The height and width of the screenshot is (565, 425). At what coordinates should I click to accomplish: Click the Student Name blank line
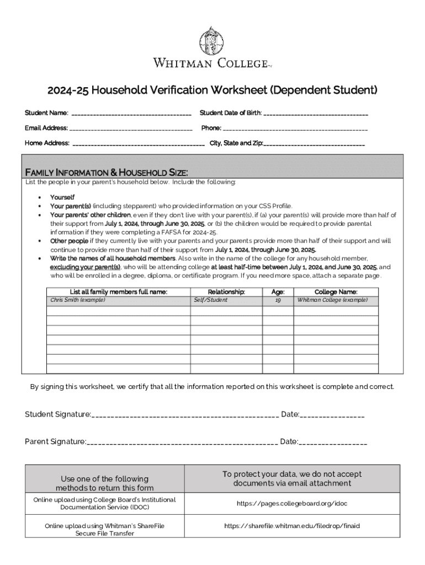pyautogui.click(x=131, y=114)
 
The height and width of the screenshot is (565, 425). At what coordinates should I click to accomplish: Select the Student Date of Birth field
pyautogui.click(x=316, y=114)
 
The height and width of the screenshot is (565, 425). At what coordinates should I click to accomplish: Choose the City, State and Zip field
pyautogui.click(x=315, y=144)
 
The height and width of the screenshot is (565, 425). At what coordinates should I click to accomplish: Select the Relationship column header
pyautogui.click(x=226, y=292)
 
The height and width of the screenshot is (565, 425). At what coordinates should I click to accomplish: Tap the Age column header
pyautogui.click(x=278, y=292)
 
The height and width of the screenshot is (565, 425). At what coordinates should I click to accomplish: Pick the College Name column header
pyautogui.click(x=336, y=292)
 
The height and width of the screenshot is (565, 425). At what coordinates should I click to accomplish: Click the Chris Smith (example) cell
pyautogui.click(x=78, y=300)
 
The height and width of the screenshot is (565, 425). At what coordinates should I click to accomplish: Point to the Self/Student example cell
pyautogui.click(x=210, y=300)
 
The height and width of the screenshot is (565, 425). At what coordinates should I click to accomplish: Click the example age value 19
pyautogui.click(x=278, y=300)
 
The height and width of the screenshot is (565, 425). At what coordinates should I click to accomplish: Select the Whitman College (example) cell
pyautogui.click(x=332, y=300)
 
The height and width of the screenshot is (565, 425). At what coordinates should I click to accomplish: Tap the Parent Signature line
pyautogui.click(x=182, y=443)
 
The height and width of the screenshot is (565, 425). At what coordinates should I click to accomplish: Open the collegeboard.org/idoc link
pyautogui.click(x=292, y=504)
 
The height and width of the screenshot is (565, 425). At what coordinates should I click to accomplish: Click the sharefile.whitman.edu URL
pyautogui.click(x=292, y=526)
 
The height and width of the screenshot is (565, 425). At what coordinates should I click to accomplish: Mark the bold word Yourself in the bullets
pyautogui.click(x=62, y=197)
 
